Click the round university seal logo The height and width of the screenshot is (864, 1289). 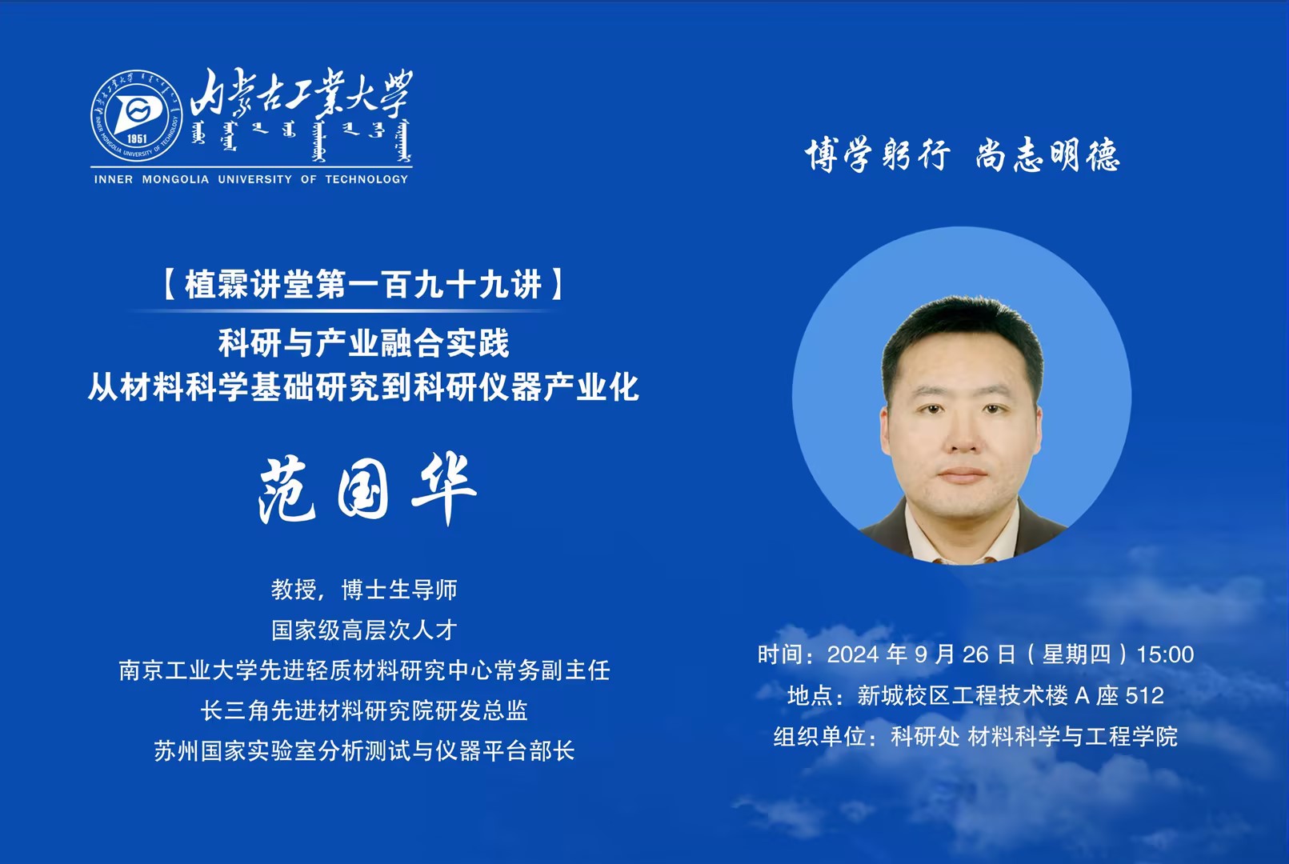click(136, 116)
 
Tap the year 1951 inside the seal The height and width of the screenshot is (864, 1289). click(137, 138)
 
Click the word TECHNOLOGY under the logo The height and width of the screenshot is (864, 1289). click(366, 179)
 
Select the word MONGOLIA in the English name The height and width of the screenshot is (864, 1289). click(175, 179)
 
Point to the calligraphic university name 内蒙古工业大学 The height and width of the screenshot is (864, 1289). click(302, 93)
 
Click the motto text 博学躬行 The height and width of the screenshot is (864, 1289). click(877, 154)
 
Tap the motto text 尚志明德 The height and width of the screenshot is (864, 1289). click(1048, 154)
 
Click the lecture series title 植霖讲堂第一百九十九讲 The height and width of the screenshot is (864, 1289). click(363, 285)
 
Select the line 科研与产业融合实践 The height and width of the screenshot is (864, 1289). click(364, 343)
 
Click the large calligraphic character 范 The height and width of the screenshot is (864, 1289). click(286, 490)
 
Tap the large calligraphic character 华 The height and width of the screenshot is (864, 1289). click(444, 490)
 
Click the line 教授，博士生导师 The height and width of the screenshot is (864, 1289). click(364, 590)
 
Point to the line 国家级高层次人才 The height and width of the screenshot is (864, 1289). click(364, 630)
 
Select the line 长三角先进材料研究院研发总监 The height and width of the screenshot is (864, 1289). click(364, 710)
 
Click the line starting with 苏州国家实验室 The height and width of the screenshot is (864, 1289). click(364, 750)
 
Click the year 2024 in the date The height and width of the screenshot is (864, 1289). click(854, 654)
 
